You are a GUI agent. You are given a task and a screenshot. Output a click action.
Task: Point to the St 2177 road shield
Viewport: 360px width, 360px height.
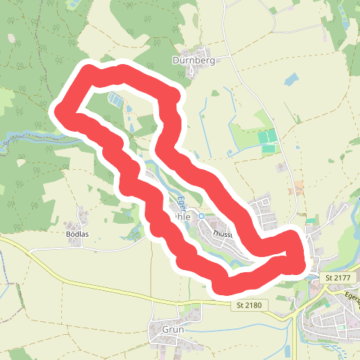(x=337, y=277)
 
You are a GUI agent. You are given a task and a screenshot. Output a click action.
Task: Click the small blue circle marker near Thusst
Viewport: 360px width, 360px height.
(x=202, y=216)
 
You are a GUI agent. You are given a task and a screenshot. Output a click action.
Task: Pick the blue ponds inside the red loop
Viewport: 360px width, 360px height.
(x=115, y=99)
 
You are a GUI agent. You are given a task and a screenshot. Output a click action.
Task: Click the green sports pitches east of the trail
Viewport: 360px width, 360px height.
(x=268, y=140)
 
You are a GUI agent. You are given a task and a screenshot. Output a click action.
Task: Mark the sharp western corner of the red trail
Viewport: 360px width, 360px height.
(x=61, y=112)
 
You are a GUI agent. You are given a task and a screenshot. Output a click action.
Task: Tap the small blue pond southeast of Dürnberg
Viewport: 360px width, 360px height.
(x=291, y=78)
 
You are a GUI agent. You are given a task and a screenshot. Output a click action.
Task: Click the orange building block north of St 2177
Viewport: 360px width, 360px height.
(x=296, y=190)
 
